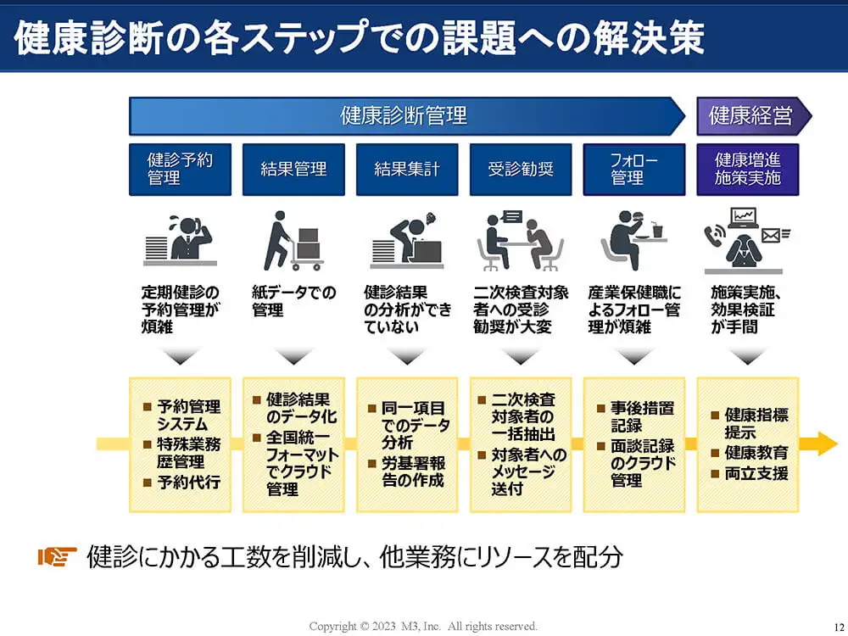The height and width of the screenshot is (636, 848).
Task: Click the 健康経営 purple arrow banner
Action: (754, 115)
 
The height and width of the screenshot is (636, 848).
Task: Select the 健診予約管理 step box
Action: (180, 170)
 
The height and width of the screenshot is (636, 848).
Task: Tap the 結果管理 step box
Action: (293, 170)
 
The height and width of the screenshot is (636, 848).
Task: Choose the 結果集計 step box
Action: (407, 170)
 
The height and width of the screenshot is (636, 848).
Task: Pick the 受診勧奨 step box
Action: (521, 170)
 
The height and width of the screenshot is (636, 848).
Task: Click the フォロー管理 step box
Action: (634, 170)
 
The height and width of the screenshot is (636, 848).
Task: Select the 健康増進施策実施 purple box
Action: (748, 170)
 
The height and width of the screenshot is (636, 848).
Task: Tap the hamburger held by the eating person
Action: (639, 216)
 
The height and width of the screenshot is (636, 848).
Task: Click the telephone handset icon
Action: (715, 235)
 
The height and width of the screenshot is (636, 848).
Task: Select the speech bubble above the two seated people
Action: (511, 217)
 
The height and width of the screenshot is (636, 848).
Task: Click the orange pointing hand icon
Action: (57, 556)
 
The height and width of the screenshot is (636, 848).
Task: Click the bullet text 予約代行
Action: (189, 482)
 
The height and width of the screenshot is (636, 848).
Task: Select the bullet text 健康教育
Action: (756, 452)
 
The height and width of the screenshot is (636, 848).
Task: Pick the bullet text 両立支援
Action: (756, 473)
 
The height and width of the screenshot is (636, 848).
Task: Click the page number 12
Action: (839, 628)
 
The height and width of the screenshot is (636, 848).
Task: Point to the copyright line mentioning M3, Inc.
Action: (423, 627)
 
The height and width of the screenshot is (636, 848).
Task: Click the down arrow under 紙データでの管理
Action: (293, 357)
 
